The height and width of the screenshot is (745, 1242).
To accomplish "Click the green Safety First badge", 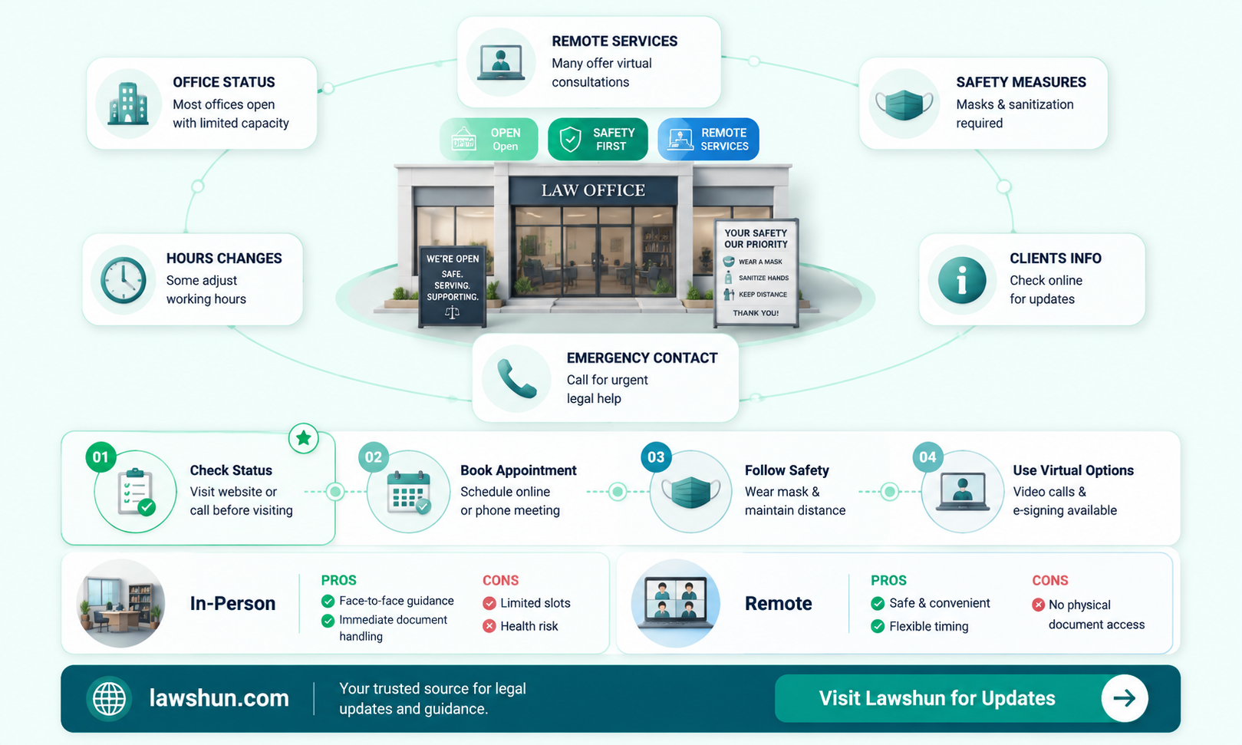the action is tap(598, 139).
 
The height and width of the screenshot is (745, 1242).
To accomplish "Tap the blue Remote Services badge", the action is tap(708, 139).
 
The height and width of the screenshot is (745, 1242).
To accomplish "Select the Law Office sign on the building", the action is tap(593, 190).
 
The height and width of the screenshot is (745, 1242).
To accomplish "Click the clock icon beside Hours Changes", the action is tap(123, 279).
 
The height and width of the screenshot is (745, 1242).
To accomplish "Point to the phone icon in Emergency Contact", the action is tap(516, 378).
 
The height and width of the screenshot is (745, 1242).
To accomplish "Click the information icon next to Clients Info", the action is tap(962, 279).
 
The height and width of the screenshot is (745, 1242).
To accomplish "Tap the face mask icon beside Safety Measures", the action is tap(904, 104).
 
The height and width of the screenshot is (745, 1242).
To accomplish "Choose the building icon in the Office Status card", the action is tap(128, 103).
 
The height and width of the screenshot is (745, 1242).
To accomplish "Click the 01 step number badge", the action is tap(100, 457).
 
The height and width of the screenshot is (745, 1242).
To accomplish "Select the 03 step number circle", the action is tap(656, 457).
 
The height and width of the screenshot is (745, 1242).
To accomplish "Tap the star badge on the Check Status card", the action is tap(303, 438).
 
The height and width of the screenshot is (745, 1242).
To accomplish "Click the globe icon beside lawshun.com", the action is tap(109, 698).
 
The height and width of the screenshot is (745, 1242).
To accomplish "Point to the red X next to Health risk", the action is tap(489, 626).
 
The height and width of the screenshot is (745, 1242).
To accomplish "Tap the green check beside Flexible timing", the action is tap(877, 627).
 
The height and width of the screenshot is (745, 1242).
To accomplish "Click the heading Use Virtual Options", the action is tap(1073, 470).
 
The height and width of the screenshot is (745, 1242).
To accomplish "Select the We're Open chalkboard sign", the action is tap(452, 287).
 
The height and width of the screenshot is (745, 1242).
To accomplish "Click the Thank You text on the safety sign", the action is tap(756, 313).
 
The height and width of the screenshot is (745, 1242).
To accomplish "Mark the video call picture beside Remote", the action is tap(675, 603).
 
